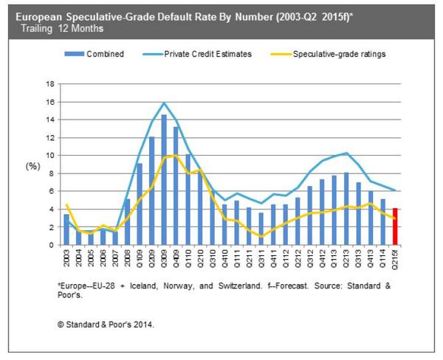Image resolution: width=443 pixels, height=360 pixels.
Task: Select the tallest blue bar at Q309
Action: click(x=163, y=180)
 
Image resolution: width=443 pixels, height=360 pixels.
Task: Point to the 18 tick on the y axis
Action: click(x=52, y=83)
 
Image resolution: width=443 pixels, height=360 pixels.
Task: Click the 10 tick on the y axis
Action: click(x=52, y=155)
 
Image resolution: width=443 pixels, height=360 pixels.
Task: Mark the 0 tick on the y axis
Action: click(x=52, y=245)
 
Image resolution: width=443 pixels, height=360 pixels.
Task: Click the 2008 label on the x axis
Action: click(x=127, y=258)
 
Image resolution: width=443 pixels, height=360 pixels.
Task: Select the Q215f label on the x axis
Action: click(x=396, y=260)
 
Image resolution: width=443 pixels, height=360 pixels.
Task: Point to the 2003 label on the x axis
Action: click(x=66, y=258)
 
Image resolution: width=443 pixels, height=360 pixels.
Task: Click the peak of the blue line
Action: click(x=163, y=103)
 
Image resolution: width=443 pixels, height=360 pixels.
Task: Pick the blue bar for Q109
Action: click(x=139, y=204)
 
